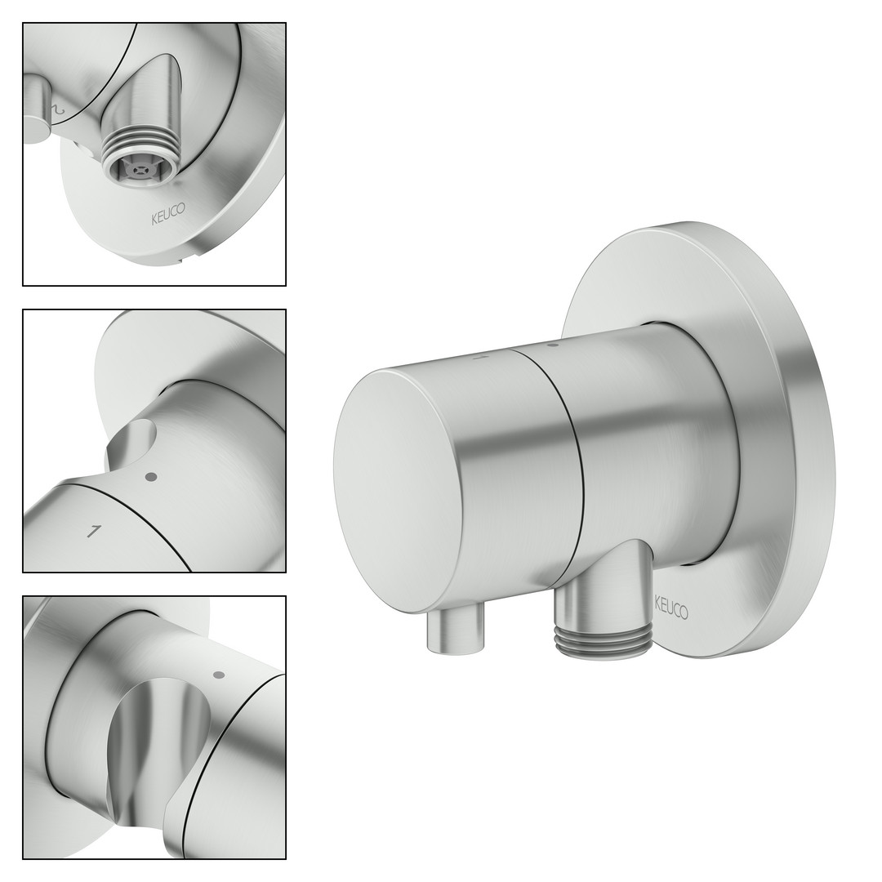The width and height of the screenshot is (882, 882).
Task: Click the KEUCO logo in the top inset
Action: [x=167, y=215]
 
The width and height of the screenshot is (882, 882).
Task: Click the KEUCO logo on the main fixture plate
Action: [x=671, y=607]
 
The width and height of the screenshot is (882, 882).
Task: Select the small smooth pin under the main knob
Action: [x=457, y=632]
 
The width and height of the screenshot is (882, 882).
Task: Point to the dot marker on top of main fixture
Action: [x=552, y=343]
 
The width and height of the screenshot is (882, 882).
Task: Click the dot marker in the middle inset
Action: [x=149, y=477]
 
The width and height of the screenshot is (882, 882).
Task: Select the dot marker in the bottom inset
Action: [x=220, y=675]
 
